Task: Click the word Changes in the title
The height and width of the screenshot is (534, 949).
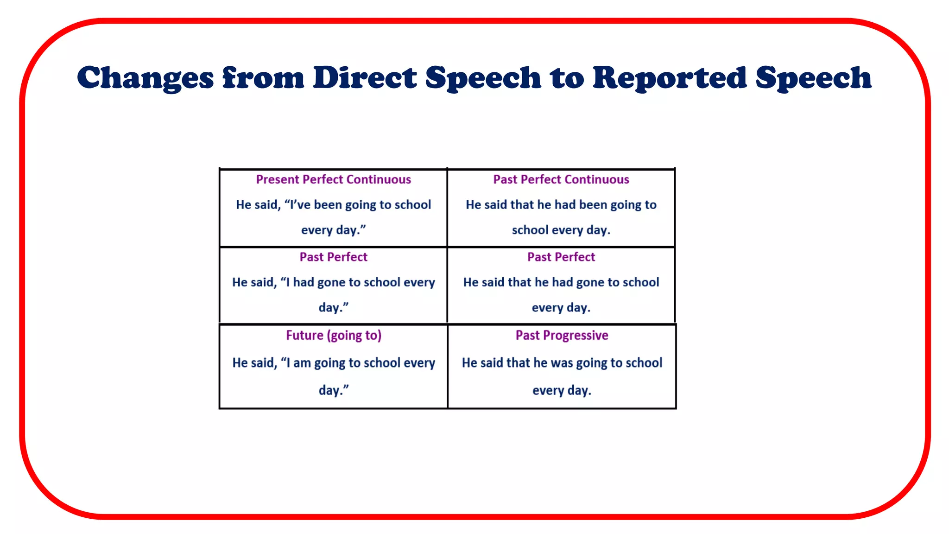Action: click(x=145, y=77)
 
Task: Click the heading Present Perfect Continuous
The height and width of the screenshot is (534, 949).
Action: click(x=333, y=179)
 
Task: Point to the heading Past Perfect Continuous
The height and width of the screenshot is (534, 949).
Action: click(x=561, y=179)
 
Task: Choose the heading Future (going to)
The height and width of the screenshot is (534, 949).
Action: click(x=333, y=335)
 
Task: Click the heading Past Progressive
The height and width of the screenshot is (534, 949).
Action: click(x=562, y=335)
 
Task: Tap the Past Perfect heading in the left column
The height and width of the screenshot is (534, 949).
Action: click(x=333, y=257)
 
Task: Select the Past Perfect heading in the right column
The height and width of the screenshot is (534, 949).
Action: click(x=561, y=257)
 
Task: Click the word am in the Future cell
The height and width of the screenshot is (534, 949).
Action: click(x=302, y=363)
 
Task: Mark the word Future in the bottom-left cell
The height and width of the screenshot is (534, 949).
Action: click(x=304, y=335)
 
